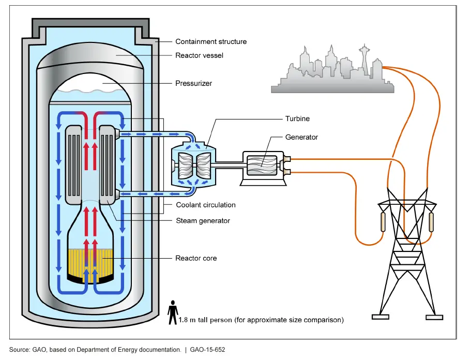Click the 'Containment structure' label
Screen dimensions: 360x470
coord(210,41)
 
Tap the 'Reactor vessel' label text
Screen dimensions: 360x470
coord(199,55)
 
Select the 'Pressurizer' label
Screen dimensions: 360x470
coord(194,83)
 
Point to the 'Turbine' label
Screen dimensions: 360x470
coord(297,118)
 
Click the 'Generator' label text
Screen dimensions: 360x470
coord(301,137)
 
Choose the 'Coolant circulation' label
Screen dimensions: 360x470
coord(205,205)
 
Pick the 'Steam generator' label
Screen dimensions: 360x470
coord(203,221)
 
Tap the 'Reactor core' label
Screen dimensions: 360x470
coord(196,258)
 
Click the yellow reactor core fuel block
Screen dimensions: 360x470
coord(90,264)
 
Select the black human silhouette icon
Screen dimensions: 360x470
coord(173,314)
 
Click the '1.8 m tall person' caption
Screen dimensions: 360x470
coord(261,320)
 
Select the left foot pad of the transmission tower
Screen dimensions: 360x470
coord(381,317)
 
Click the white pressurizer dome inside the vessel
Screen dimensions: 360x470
coord(90,83)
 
